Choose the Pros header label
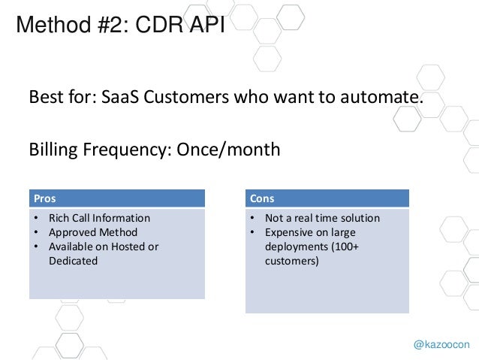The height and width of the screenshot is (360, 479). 44,199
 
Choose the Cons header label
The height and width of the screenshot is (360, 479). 263,199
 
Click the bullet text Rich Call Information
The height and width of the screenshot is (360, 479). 99,218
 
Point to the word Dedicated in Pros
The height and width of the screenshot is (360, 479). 73,260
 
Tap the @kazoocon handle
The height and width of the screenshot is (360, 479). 441,343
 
